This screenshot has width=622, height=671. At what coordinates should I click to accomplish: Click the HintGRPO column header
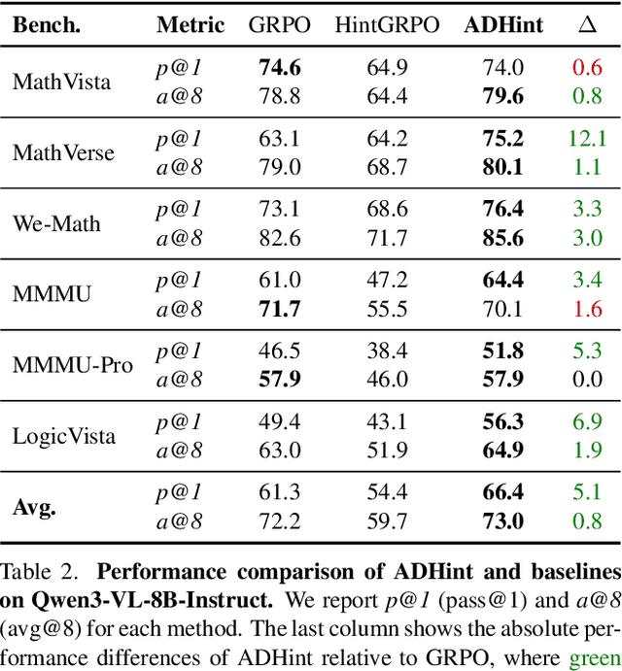(x=387, y=25)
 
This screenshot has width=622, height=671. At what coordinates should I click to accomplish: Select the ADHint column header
(x=502, y=25)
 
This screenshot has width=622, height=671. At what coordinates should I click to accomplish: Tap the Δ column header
(x=586, y=25)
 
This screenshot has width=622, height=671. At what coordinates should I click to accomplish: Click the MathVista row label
(x=61, y=82)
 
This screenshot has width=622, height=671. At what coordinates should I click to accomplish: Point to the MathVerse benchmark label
(x=63, y=152)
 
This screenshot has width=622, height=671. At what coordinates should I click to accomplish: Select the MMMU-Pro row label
(x=73, y=365)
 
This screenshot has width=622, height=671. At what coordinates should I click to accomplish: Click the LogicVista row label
(x=64, y=436)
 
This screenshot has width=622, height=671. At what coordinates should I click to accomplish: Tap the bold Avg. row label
(x=34, y=507)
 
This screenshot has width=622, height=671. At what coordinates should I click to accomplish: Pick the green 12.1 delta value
(x=586, y=138)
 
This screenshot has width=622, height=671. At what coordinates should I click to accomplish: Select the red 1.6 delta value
(x=586, y=309)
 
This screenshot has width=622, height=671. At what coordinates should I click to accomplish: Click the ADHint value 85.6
(x=502, y=238)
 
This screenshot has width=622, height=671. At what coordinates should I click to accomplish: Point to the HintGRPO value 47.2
(x=387, y=281)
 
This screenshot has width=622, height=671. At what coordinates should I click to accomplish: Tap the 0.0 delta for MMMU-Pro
(x=586, y=380)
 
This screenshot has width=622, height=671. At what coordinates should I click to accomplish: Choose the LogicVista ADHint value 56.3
(x=502, y=422)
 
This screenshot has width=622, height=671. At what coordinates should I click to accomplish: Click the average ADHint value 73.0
(x=502, y=522)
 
